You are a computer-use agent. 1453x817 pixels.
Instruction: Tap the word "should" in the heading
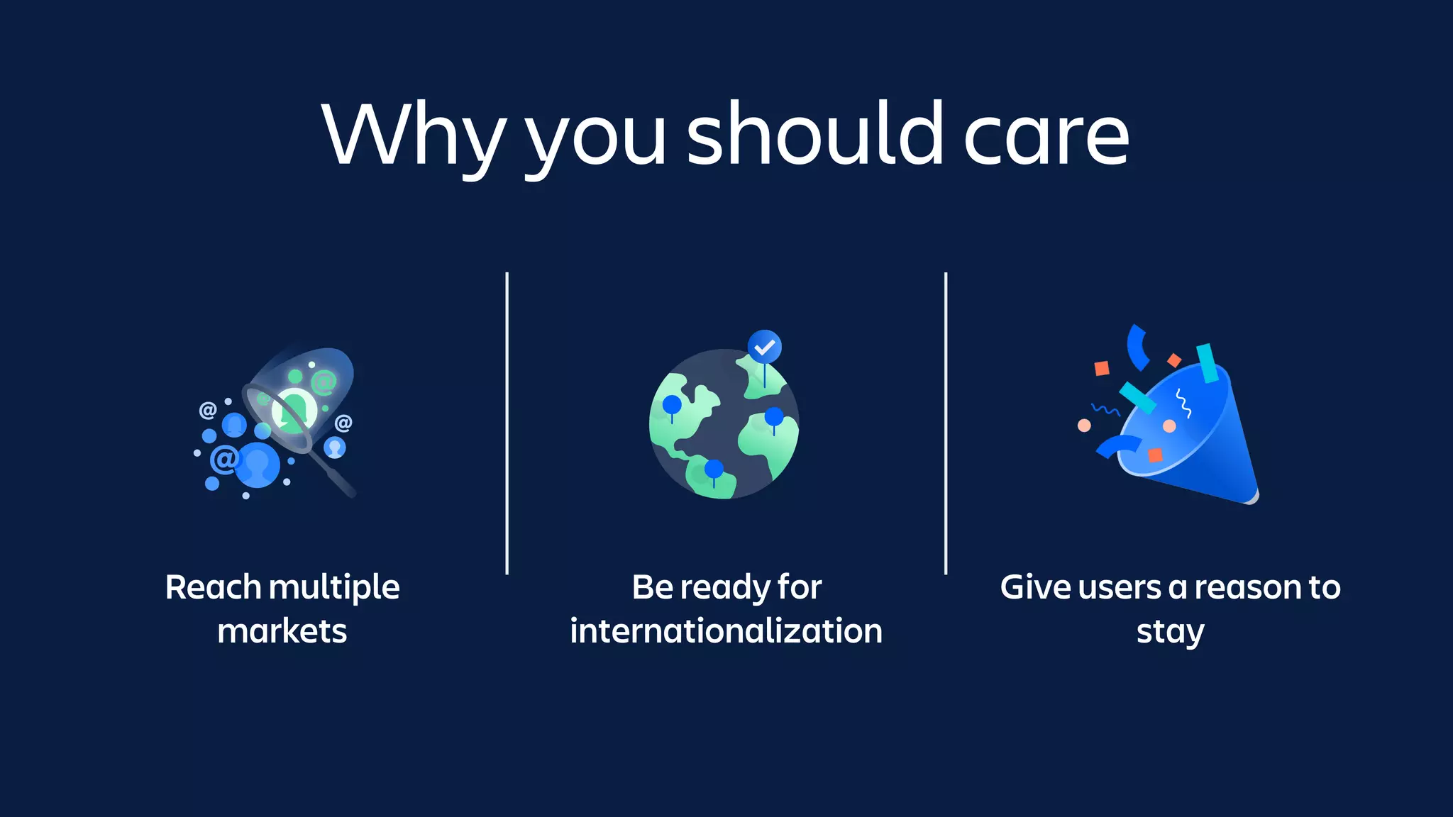click(x=815, y=135)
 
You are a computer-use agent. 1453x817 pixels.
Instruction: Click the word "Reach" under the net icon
click(x=214, y=588)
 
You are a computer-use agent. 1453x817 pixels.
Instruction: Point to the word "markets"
click(x=282, y=631)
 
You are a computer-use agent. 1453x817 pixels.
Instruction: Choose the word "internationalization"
click(x=726, y=631)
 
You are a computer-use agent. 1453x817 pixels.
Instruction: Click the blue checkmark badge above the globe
click(x=764, y=348)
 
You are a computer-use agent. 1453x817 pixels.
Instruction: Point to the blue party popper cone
click(x=1199, y=440)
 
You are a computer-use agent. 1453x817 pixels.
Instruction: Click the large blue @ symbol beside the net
click(x=224, y=460)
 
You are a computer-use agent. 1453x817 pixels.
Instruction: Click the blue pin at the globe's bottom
click(x=714, y=469)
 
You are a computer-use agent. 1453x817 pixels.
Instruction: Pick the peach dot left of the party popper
click(x=1084, y=426)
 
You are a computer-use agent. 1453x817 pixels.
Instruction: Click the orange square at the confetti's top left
click(x=1102, y=368)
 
